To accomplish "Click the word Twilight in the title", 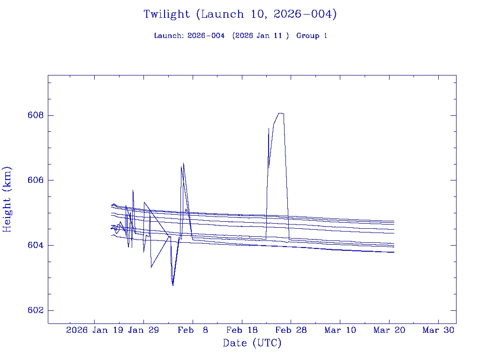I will [x=166, y=15].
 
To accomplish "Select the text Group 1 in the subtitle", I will [x=312, y=36].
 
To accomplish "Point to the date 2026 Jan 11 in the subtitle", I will [x=262, y=36].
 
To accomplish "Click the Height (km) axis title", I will [x=7, y=199].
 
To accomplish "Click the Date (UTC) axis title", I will [x=252, y=344].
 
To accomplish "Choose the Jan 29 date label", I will [x=143, y=330].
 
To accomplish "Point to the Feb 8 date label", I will [x=193, y=330].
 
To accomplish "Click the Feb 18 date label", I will [x=241, y=330].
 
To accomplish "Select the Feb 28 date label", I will [x=291, y=330].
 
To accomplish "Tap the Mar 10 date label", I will [x=340, y=330].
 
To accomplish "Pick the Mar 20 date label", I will [x=389, y=330].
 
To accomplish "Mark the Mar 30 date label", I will [x=438, y=330].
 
